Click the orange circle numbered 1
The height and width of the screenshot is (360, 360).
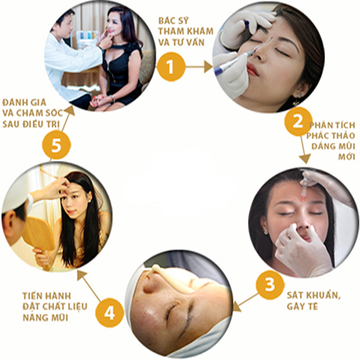pyautogui.click(x=171, y=67)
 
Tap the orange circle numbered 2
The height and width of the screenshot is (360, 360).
pyautogui.click(x=298, y=122)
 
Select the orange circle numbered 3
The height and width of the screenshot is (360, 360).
pyautogui.click(x=270, y=284)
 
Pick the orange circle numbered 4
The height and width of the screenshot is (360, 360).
pyautogui.click(x=110, y=312)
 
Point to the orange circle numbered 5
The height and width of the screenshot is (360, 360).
pyautogui.click(x=56, y=145)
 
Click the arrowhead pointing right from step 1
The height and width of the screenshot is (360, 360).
pyautogui.click(x=208, y=67)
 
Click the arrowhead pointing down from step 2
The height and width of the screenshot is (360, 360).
pyautogui.click(x=305, y=159)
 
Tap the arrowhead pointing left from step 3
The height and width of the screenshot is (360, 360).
pyautogui.click(x=237, y=307)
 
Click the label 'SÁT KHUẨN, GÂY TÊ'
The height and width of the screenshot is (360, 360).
pyautogui.click(x=313, y=301)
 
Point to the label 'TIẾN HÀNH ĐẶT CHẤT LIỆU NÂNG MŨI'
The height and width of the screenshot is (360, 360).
pyautogui.click(x=55, y=307)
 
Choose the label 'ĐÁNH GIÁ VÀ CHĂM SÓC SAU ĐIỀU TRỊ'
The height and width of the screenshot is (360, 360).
pyautogui.click(x=32, y=113)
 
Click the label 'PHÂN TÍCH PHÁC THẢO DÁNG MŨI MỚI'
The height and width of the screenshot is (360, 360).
pyautogui.click(x=331, y=141)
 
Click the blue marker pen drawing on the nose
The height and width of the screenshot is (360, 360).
pyautogui.click(x=232, y=62)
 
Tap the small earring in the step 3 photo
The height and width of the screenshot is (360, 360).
pyautogui.click(x=266, y=231)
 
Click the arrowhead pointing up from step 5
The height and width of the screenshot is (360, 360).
pyautogui.click(x=70, y=112)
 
